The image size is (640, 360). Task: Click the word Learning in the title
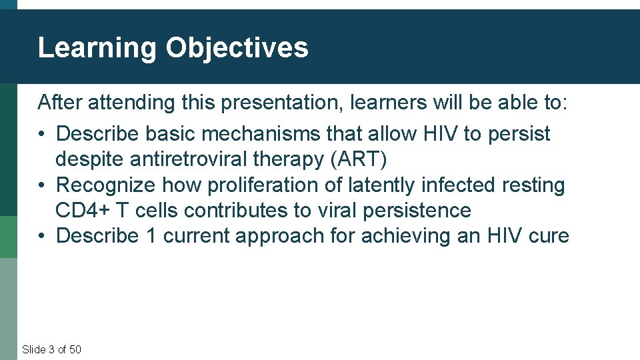click(x=97, y=48)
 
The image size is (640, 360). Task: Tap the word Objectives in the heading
click(x=237, y=48)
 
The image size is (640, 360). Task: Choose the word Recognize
click(x=106, y=185)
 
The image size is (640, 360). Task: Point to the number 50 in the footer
click(x=75, y=349)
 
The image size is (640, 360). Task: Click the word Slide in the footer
click(x=33, y=349)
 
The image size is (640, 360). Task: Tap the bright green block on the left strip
click(x=9, y=237)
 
